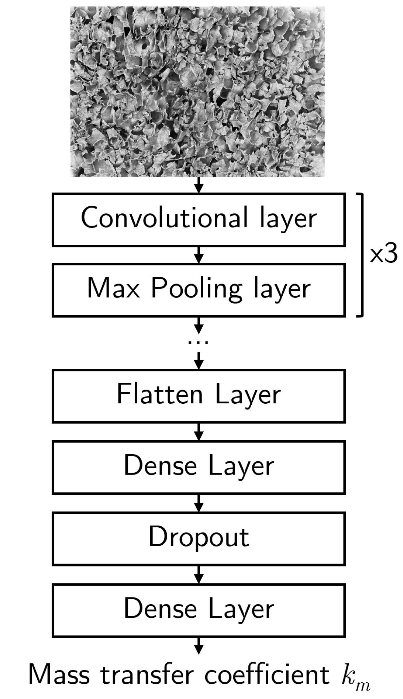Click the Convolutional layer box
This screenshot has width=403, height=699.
tap(198, 220)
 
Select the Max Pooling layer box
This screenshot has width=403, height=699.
tap(198, 290)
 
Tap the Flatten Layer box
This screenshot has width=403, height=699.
tap(198, 396)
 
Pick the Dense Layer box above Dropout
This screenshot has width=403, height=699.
tap(198, 467)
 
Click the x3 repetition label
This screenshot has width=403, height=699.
tap(383, 255)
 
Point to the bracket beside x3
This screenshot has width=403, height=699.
tap(361, 255)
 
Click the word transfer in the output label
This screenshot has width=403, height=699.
tap(147, 675)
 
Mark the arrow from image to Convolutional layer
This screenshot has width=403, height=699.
tap(198, 185)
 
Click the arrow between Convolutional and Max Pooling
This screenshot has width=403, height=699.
tap(198, 255)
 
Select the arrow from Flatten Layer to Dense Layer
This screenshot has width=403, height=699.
tap(198, 431)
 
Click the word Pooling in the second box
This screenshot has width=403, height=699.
tap(196, 290)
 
